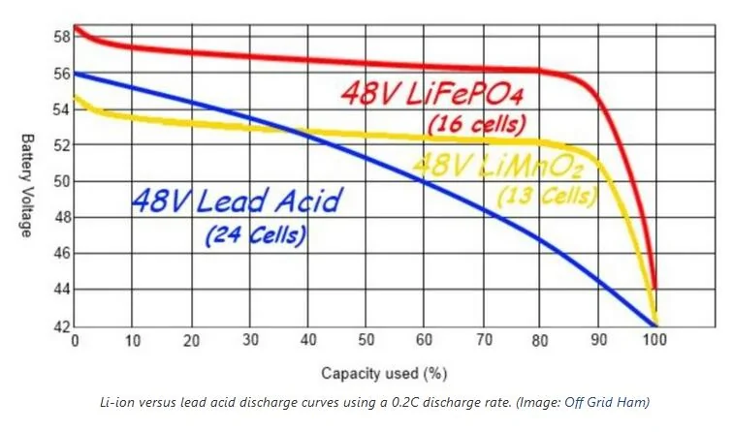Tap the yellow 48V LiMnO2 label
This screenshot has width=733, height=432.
pyautogui.click(x=498, y=163)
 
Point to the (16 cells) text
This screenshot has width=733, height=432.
pyautogui.click(x=476, y=124)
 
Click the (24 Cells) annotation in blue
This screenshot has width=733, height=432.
pyautogui.click(x=256, y=233)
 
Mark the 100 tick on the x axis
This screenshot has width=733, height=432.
pyautogui.click(x=655, y=341)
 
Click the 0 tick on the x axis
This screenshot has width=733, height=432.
pyautogui.click(x=75, y=341)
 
